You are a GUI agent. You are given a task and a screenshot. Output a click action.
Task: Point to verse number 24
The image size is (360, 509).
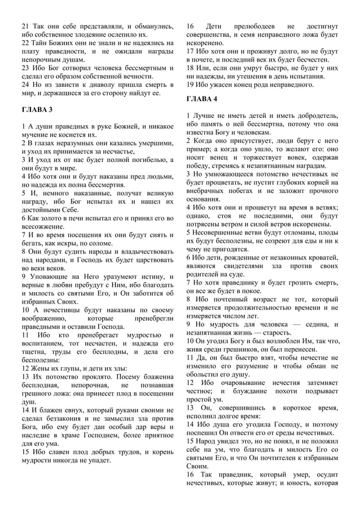(x=26, y=84)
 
